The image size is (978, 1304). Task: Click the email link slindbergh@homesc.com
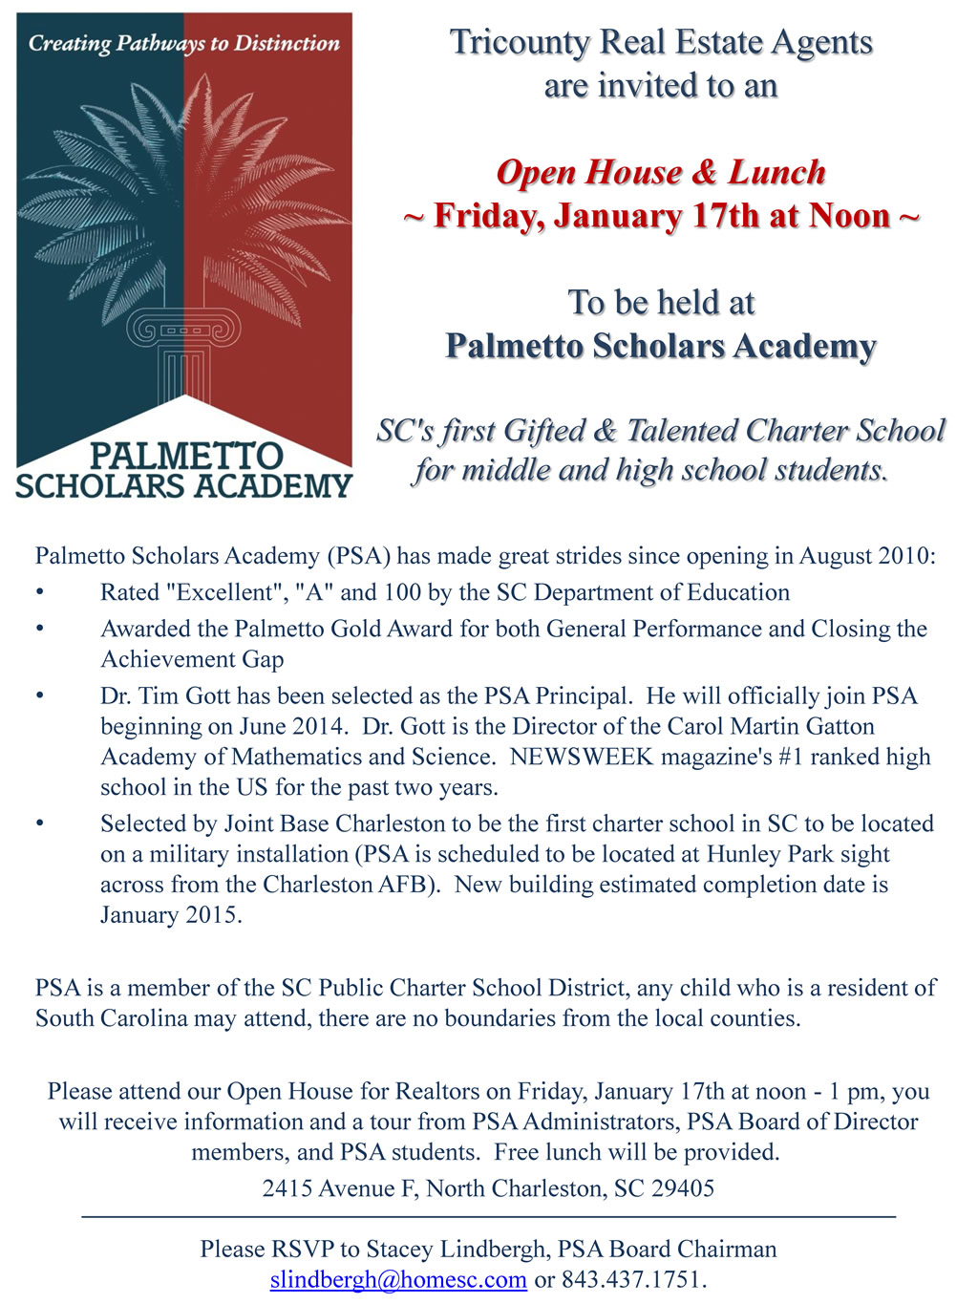point(398,1279)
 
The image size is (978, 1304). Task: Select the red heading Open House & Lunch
point(660,173)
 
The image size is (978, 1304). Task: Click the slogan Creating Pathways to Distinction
point(183,43)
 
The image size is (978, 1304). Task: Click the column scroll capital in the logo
point(183,331)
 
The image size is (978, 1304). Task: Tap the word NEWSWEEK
point(582,757)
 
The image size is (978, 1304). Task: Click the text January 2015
point(170,915)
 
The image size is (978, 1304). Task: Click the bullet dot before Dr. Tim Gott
point(40,695)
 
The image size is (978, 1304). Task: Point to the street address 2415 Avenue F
point(340,1188)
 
